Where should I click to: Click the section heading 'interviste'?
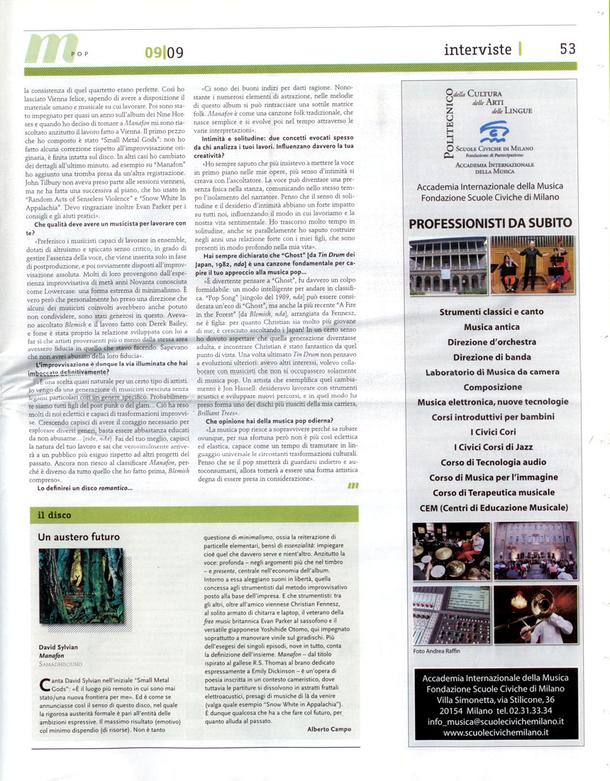point(477,49)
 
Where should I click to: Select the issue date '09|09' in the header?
point(164,52)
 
